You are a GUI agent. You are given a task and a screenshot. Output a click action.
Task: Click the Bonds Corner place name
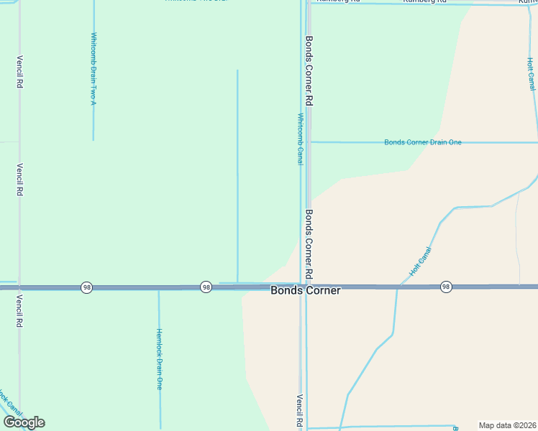click(305, 291)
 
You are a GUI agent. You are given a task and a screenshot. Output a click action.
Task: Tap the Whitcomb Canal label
click(301, 139)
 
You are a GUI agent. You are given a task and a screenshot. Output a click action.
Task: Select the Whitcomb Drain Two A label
click(94, 69)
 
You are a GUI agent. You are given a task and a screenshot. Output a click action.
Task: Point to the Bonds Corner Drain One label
click(423, 142)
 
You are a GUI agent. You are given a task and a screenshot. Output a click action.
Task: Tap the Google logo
click(24, 422)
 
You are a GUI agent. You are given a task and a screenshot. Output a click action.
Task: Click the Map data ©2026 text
click(507, 425)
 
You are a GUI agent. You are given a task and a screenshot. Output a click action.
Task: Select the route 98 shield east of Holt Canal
click(446, 286)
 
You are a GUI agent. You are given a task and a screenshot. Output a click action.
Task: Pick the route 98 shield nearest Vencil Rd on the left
click(86, 287)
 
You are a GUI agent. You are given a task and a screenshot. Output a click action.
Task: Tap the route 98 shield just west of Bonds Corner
click(206, 287)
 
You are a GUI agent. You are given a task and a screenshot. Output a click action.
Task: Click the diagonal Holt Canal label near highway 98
click(420, 262)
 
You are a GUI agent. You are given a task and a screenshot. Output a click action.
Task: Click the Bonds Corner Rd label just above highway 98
click(309, 244)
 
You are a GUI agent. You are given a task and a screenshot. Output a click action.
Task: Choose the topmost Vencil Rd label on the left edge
click(20, 72)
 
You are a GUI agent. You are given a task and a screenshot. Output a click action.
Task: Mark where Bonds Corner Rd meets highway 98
click(308, 287)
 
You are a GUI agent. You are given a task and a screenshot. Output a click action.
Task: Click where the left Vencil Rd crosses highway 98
click(19, 287)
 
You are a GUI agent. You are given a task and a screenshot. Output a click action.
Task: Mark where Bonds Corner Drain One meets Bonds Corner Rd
click(309, 142)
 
